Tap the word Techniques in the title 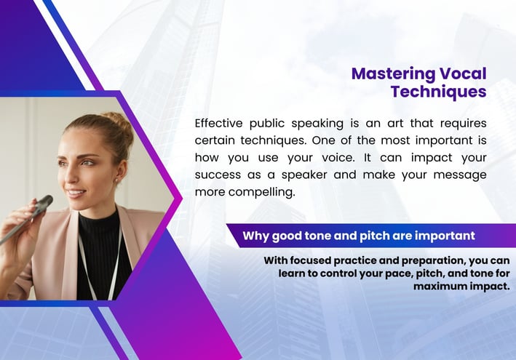[439, 92]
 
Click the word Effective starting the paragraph [218, 124]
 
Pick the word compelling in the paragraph [261, 192]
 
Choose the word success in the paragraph [218, 175]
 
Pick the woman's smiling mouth [76, 193]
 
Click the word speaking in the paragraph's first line [317, 124]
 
